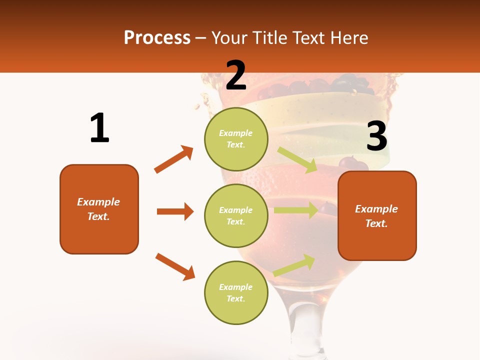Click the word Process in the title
[x=157, y=38]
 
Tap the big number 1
[x=99, y=128]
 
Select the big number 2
[x=236, y=75]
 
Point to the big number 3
[x=377, y=137]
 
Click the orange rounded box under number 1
[x=99, y=209]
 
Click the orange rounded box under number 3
[x=377, y=216]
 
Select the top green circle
[x=236, y=138]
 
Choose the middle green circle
[x=236, y=215]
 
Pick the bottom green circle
[x=236, y=292]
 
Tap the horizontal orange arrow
[x=175, y=211]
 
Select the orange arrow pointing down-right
[x=175, y=266]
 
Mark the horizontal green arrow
[x=295, y=210]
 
